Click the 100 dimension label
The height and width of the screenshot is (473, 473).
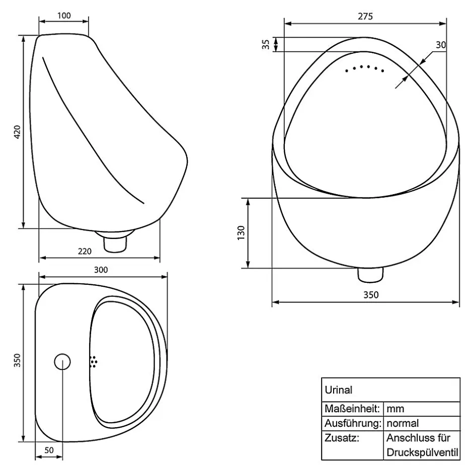(x=64, y=16)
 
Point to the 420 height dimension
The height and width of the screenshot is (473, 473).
(x=17, y=132)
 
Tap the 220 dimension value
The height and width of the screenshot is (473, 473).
(x=85, y=251)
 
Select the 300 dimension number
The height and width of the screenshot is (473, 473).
(x=101, y=270)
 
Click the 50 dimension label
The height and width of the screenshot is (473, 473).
(x=49, y=450)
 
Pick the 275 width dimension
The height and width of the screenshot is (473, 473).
(x=365, y=16)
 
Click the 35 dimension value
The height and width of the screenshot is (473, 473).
(x=266, y=45)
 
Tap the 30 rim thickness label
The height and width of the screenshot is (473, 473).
(x=441, y=45)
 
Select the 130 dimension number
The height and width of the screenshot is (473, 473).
(x=241, y=233)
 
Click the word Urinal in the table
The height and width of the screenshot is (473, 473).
(x=339, y=390)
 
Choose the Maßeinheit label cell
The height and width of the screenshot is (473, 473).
(x=352, y=409)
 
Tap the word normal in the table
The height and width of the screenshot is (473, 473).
(x=403, y=423)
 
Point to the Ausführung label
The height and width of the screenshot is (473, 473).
(x=353, y=423)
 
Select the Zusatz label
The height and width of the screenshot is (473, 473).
(x=342, y=437)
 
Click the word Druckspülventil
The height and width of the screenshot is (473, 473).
(x=422, y=452)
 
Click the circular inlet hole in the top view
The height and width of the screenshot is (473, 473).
(x=62, y=361)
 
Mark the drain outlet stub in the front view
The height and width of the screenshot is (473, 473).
(x=370, y=275)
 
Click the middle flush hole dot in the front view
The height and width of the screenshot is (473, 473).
(x=368, y=66)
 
